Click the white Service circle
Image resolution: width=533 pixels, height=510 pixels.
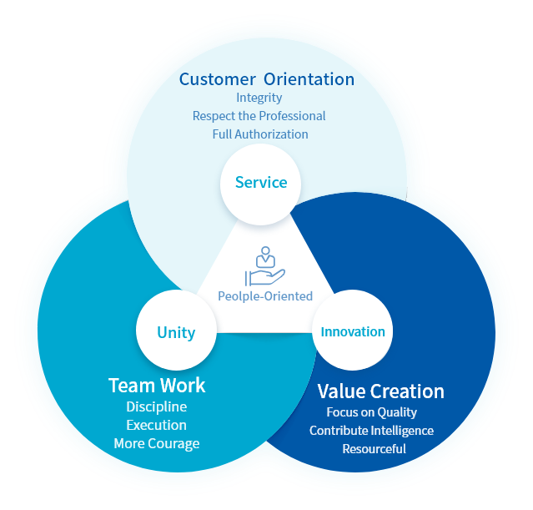pyautogui.click(x=260, y=183)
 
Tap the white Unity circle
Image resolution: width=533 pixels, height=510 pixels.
pyautogui.click(x=176, y=332)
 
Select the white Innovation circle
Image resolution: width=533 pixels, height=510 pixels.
pyautogui.click(x=353, y=331)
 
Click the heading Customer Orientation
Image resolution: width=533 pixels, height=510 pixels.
pyautogui.click(x=267, y=79)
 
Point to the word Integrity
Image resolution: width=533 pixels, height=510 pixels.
pyautogui.click(x=259, y=98)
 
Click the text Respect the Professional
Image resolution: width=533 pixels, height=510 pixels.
pyautogui.click(x=259, y=116)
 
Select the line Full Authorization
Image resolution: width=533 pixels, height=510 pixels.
pyautogui.click(x=260, y=134)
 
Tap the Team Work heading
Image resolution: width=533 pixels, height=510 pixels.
pyautogui.click(x=157, y=385)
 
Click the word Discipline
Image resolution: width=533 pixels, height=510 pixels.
pyautogui.click(x=157, y=406)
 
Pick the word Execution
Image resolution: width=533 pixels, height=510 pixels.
pyautogui.click(x=157, y=425)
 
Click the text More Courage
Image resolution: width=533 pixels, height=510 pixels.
pyautogui.click(x=157, y=443)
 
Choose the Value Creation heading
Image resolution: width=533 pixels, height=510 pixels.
pyautogui.click(x=380, y=391)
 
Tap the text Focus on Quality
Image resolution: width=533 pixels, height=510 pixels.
pyautogui.click(x=372, y=412)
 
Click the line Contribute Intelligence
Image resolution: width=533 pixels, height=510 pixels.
pyautogui.click(x=372, y=431)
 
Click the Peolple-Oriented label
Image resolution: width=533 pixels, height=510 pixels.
pyautogui.click(x=265, y=295)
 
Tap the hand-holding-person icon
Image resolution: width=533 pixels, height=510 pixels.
pyautogui.click(x=265, y=265)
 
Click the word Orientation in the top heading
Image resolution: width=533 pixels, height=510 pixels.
pyautogui.click(x=309, y=79)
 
